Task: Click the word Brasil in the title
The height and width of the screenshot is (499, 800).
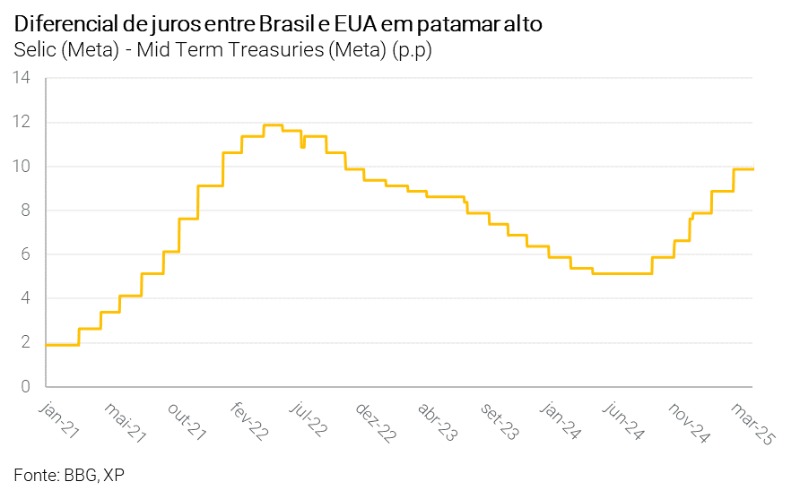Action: pos(289,24)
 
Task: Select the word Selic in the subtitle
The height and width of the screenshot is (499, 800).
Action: pos(35,50)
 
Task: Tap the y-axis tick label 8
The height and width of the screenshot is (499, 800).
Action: pos(27,210)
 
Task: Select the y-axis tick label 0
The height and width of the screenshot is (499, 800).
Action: pos(27,386)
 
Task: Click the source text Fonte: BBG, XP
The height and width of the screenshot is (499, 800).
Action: pos(69,475)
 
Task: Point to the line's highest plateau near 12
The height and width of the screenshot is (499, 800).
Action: pos(274,125)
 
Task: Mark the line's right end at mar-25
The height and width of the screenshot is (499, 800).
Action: pos(752,168)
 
